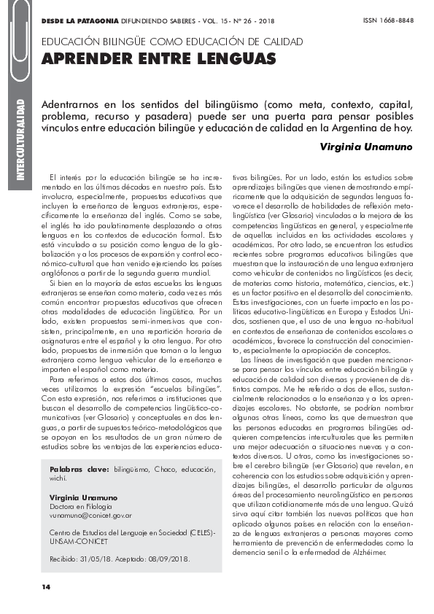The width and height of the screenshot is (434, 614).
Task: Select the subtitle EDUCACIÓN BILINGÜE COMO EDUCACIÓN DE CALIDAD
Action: click(x=173, y=42)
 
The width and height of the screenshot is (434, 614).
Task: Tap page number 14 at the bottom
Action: click(x=47, y=586)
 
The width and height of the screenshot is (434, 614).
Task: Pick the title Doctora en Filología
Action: click(x=81, y=505)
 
